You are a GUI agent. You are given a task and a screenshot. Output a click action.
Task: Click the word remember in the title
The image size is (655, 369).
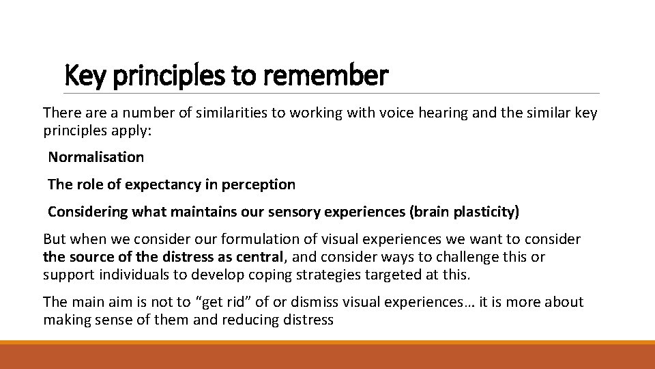pyautogui.click(x=334, y=75)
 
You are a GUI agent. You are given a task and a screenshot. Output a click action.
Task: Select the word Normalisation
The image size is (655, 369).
pyautogui.click(x=96, y=157)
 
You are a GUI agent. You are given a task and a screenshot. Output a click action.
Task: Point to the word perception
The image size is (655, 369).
pyautogui.click(x=261, y=184)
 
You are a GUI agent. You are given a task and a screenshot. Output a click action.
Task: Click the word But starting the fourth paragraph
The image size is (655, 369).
pyautogui.click(x=55, y=240)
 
